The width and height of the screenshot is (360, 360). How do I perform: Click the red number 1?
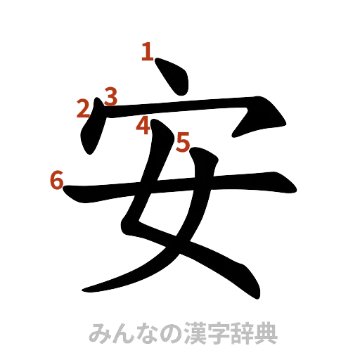[x=147, y=51]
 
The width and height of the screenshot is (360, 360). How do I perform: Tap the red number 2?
[x=83, y=108]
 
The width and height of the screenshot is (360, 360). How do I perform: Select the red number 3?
[x=110, y=94]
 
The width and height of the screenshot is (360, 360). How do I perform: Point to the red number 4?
[x=143, y=126]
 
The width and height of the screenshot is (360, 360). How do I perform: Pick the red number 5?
[x=183, y=143]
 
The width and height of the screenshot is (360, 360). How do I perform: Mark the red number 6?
[x=56, y=180]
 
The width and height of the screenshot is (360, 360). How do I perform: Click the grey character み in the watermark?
[x=98, y=333]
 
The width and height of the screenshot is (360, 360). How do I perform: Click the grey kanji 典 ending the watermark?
[x=268, y=333]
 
